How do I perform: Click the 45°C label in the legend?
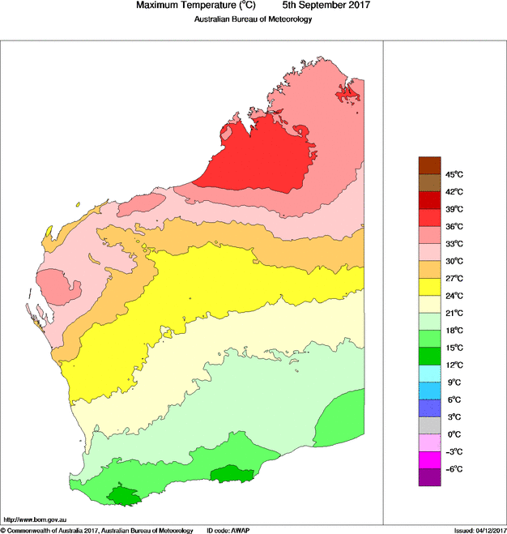454,175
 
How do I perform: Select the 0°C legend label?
454,434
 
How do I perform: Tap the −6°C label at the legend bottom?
454,469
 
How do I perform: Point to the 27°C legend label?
454,279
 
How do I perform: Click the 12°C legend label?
454,365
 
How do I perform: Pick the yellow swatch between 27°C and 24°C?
429,287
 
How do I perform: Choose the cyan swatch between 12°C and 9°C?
429,374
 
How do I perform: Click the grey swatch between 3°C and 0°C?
429,425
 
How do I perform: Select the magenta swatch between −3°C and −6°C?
429,460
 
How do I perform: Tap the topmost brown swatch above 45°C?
429,165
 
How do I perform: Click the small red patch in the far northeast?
347,95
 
